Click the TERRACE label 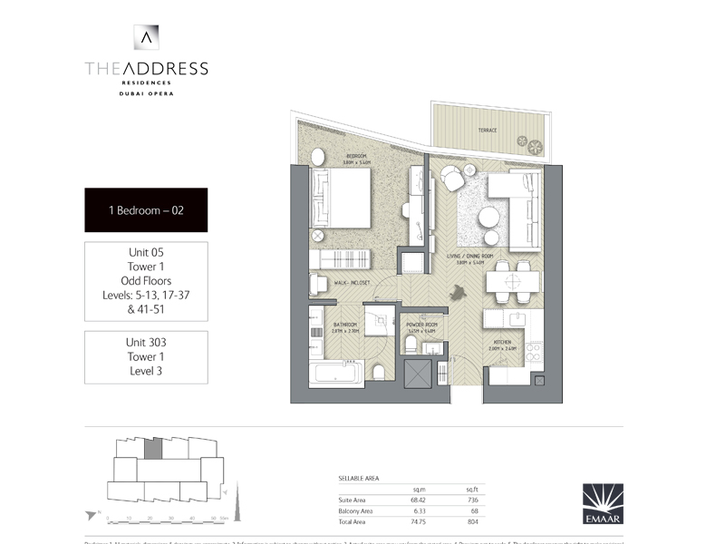click(488, 131)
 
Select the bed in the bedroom click(341, 199)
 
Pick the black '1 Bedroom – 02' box click(146, 210)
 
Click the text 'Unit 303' click(146, 343)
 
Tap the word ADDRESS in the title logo click(166, 68)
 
